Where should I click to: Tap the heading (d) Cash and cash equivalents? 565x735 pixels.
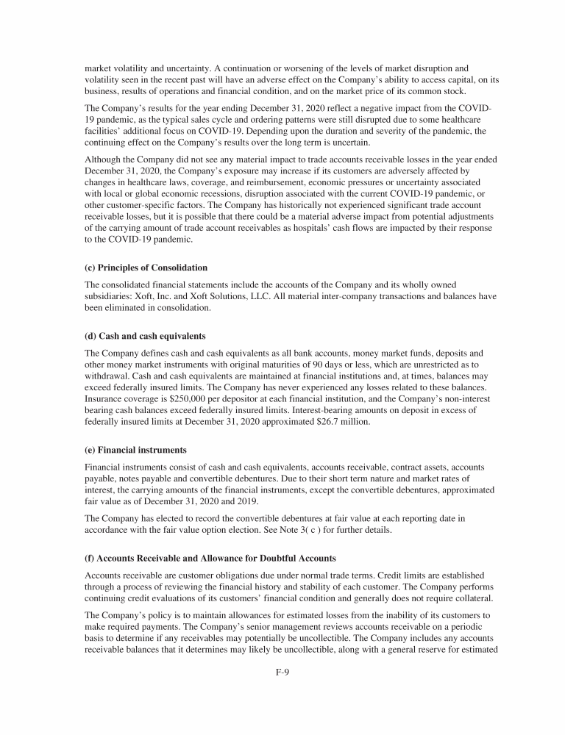point(144,336)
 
